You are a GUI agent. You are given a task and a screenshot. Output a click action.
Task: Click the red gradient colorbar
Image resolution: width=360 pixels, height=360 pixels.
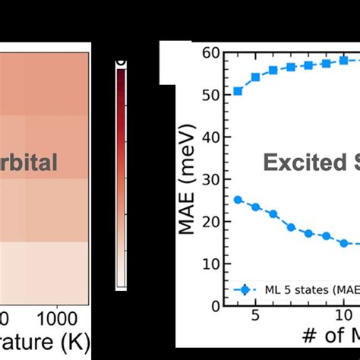coord(121,175)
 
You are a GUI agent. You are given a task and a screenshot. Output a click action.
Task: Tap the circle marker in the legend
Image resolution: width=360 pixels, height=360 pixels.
coord(235,289)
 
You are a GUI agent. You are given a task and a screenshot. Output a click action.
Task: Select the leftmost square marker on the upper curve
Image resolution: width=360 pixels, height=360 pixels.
coord(238,90)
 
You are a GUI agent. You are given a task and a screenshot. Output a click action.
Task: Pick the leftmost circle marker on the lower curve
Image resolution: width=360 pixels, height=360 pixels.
coord(238,200)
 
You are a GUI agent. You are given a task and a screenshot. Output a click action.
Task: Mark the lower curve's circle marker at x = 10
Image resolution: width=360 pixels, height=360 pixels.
coord(343,243)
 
